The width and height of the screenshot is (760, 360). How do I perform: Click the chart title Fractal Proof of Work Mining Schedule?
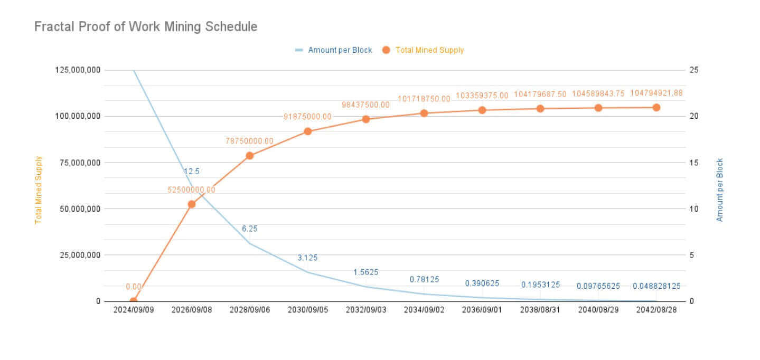point(146,26)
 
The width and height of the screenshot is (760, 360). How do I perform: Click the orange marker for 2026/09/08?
point(192,204)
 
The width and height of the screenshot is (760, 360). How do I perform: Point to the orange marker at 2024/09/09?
point(134,301)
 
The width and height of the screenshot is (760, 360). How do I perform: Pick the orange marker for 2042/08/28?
point(656,107)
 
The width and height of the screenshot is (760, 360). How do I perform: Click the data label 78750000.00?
point(250,141)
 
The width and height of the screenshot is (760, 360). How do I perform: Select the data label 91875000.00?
point(308,117)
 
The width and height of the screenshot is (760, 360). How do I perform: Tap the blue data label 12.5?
point(191,171)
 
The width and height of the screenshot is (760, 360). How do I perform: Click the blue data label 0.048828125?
point(656,286)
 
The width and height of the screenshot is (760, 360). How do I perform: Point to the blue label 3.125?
point(308,258)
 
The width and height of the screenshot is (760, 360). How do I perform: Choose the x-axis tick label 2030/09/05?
point(308,310)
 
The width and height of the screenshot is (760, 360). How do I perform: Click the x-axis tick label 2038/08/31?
point(540,310)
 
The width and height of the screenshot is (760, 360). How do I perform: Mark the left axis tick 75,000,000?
point(77,163)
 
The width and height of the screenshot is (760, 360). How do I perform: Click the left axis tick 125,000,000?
point(77,70)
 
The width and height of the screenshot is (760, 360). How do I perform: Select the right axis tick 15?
point(693,163)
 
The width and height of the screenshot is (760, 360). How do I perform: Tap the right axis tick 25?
point(693,70)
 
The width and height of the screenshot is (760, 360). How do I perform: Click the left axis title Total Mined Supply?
point(39,190)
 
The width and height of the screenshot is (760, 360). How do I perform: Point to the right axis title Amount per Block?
point(719,190)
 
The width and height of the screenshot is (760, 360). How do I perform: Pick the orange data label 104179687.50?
point(540,94)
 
